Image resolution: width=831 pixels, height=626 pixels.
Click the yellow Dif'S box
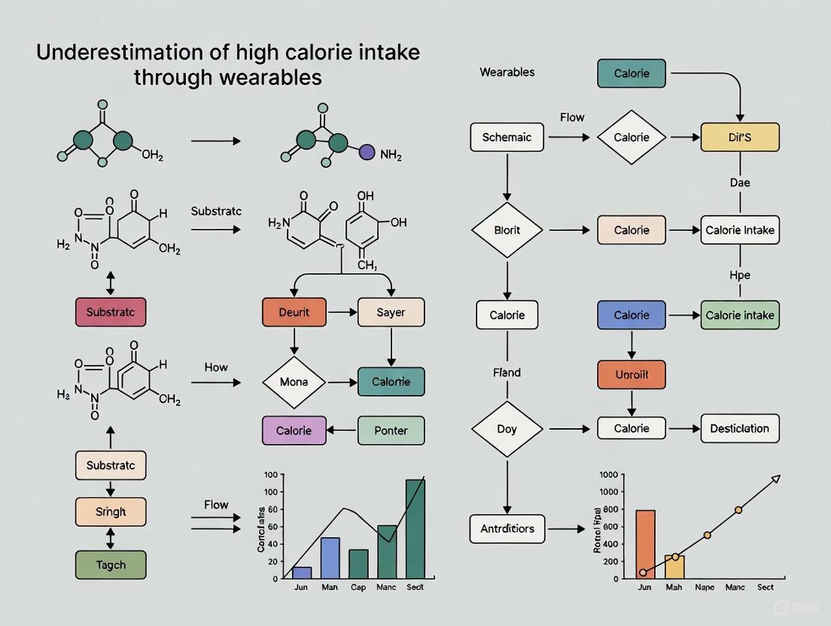740,138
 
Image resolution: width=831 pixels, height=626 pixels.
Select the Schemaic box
507,138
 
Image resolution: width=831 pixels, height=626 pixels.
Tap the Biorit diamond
507,230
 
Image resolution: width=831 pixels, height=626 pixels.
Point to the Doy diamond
507,429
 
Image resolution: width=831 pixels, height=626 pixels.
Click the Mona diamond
294,382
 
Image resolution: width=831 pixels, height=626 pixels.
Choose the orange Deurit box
294,312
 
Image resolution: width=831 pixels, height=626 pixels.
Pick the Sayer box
391,312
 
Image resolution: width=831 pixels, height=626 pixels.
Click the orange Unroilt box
632,374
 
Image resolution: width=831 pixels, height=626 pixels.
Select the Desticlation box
740,429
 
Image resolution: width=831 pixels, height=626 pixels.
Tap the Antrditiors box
507,528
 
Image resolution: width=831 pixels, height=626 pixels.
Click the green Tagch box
111,564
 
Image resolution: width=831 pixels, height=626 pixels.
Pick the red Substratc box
111,311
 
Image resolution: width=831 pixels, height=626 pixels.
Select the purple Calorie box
294,430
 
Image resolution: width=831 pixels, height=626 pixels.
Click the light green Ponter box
391,430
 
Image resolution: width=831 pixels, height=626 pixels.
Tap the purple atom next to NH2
367,152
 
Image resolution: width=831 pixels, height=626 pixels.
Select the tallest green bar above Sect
415,529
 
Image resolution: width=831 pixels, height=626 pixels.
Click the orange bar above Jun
645,544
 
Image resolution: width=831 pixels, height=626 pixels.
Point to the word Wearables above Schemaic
507,72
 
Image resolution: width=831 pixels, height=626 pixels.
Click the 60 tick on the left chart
271,509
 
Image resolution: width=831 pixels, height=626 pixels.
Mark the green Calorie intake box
740,315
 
